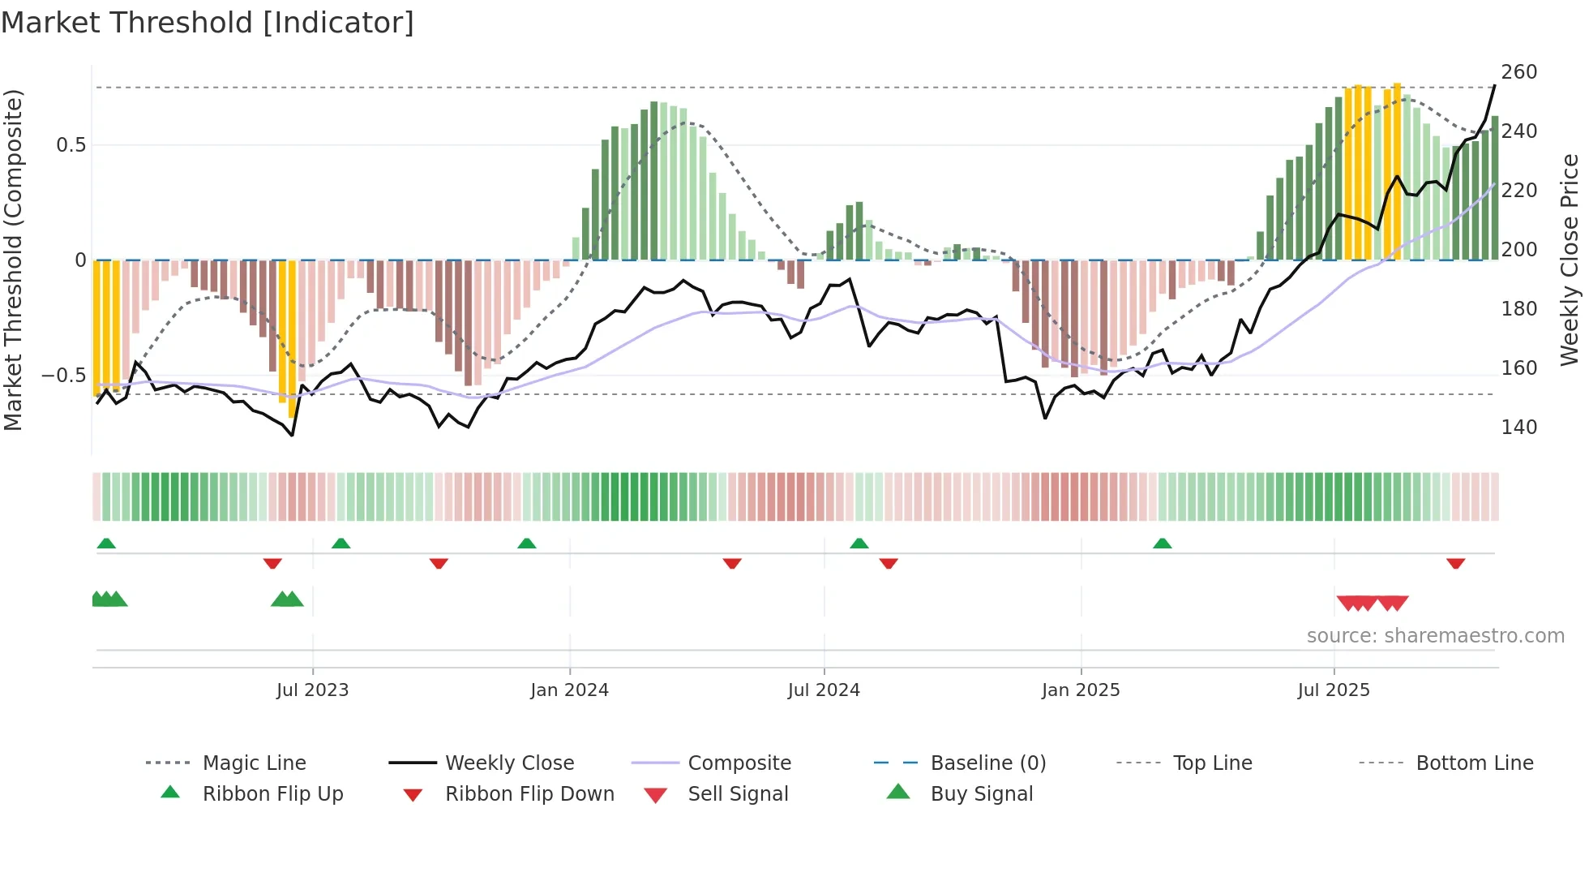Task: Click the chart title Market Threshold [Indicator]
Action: click(208, 23)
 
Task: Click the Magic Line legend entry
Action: click(254, 763)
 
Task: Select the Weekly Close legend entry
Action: click(509, 763)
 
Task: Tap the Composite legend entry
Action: click(739, 763)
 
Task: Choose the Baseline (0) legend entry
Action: click(987, 763)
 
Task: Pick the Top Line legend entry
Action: click(1212, 763)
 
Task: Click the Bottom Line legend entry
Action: click(1474, 763)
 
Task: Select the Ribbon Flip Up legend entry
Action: click(272, 793)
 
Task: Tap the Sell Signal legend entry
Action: click(738, 793)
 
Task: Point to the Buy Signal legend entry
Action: click(981, 793)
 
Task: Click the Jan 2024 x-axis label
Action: click(569, 690)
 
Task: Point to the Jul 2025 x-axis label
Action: click(1334, 690)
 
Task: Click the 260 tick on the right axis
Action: click(1518, 72)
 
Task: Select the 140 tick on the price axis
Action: click(1518, 427)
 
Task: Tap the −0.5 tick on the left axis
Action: click(63, 375)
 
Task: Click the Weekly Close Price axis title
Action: click(1570, 260)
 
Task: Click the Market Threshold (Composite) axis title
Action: click(13, 260)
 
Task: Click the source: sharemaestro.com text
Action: click(1435, 635)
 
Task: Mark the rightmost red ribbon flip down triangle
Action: click(1455, 563)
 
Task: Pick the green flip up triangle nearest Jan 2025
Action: click(1162, 544)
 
